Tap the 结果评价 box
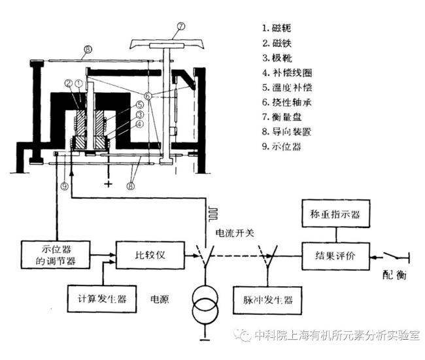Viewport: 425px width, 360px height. click(x=335, y=252)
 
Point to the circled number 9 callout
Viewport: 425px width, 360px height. click(x=64, y=186)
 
